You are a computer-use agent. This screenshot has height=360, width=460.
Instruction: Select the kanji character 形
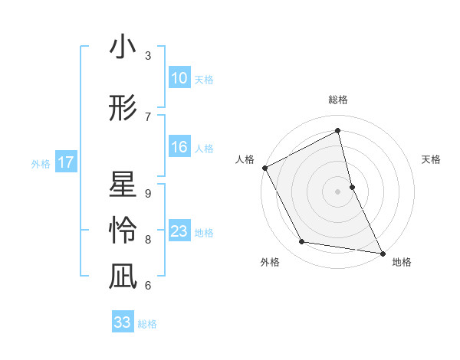[123, 108]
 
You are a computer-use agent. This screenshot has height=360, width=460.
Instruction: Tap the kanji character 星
[123, 186]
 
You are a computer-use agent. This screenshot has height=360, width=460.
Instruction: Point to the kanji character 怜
[123, 230]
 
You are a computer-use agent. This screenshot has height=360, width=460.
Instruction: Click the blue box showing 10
[179, 78]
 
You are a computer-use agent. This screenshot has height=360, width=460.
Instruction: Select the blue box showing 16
[179, 148]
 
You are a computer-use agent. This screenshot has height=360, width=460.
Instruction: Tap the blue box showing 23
[179, 232]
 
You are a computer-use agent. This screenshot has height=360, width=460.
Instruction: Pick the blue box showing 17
[65, 162]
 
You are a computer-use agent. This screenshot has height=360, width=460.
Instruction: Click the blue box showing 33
[123, 322]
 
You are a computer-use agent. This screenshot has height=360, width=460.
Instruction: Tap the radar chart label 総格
[338, 100]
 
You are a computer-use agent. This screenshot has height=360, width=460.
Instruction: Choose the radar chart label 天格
[432, 159]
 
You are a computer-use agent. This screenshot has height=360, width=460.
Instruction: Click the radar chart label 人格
[245, 159]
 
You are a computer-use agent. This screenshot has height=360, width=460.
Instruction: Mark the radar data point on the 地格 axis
[382, 253]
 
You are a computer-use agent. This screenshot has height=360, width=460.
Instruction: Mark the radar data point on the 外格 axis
[302, 242]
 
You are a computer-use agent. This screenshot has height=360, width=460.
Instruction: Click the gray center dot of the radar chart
[338, 191]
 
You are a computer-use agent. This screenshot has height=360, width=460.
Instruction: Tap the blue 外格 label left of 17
[41, 163]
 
